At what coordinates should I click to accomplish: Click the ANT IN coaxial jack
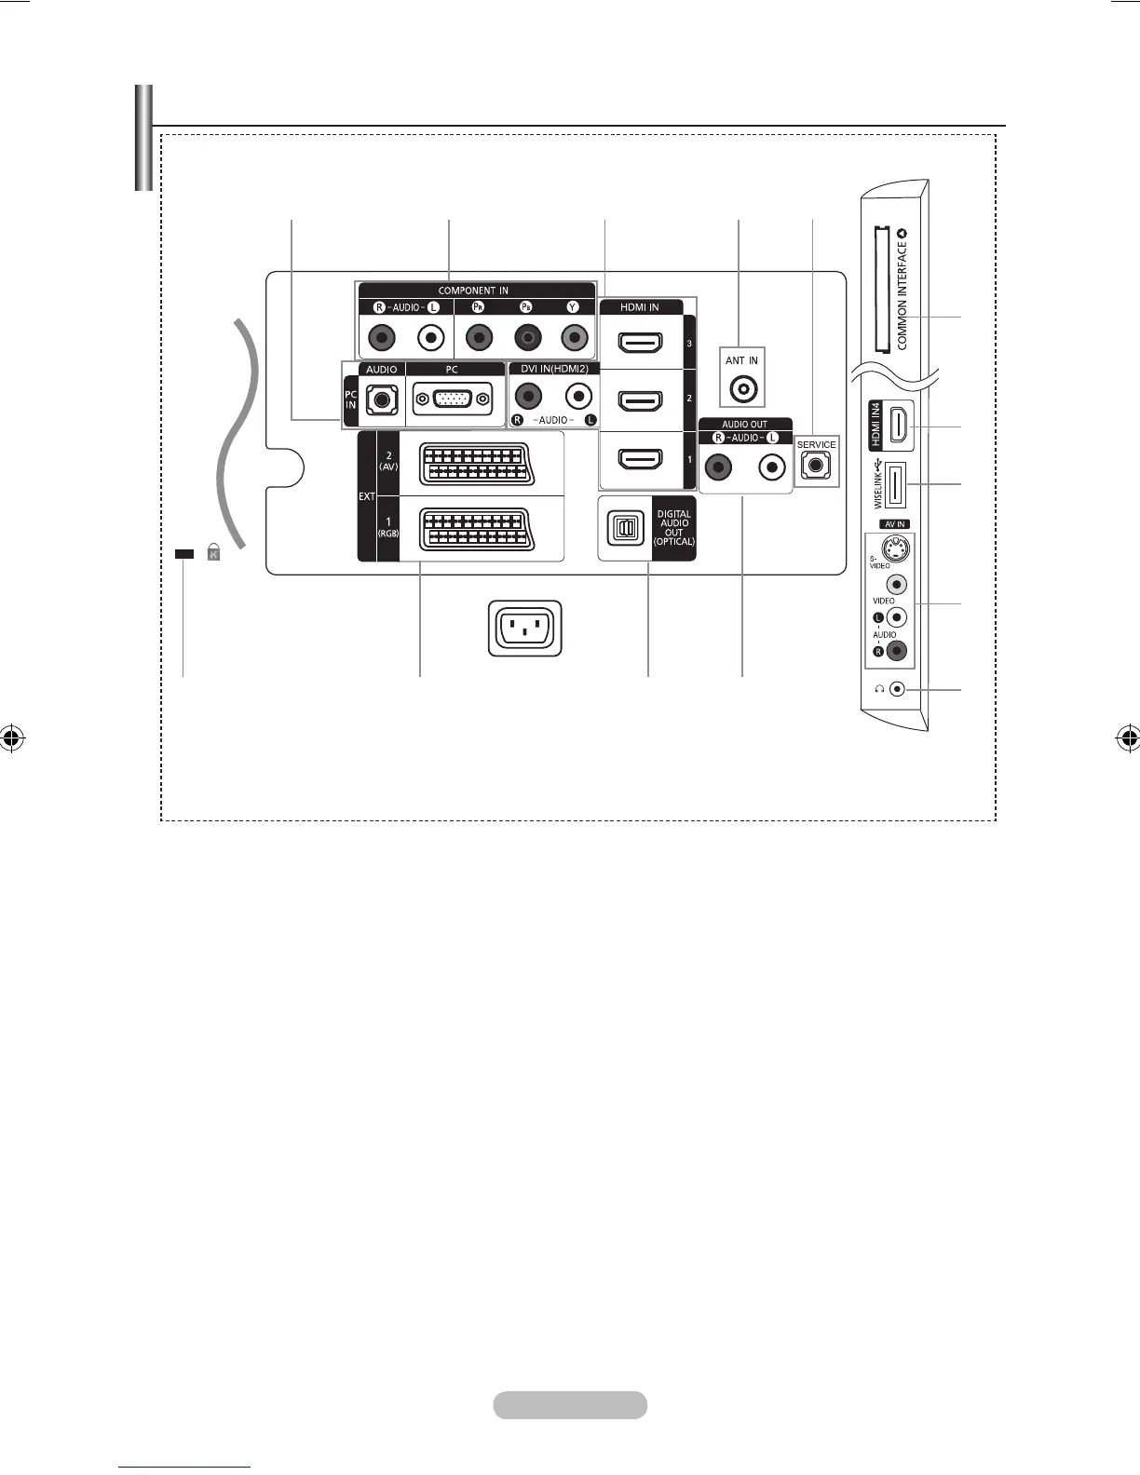click(x=742, y=389)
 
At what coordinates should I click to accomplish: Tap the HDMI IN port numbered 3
click(x=640, y=344)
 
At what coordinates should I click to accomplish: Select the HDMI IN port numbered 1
click(x=640, y=459)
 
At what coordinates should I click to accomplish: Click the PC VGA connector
click(x=452, y=399)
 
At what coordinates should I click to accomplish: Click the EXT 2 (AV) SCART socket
click(x=481, y=465)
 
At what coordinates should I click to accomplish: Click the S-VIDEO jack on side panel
click(x=894, y=548)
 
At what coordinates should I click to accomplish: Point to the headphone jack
click(x=897, y=689)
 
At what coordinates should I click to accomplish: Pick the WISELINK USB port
click(x=894, y=484)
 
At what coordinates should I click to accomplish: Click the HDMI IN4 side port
click(x=898, y=426)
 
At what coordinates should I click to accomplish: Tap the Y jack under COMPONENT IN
click(x=573, y=337)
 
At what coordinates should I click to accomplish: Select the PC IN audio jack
click(x=381, y=399)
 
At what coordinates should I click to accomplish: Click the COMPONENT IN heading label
click(x=473, y=291)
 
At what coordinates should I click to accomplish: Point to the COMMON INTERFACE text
click(x=902, y=293)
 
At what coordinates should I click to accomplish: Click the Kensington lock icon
click(x=213, y=552)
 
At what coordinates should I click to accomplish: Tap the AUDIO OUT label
click(x=745, y=425)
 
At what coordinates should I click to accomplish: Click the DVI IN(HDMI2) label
click(x=554, y=369)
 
